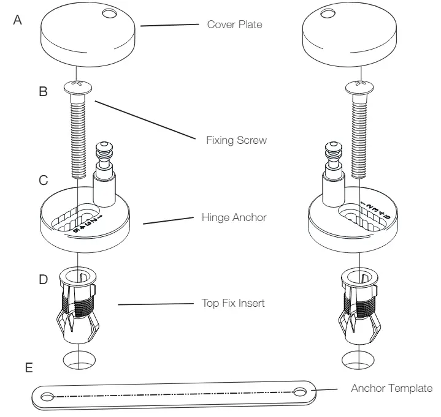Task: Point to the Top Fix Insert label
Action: (233, 302)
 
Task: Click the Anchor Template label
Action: (391, 388)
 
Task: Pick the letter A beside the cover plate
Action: (18, 20)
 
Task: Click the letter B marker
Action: (44, 92)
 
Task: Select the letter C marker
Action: (44, 181)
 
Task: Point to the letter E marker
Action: (29, 370)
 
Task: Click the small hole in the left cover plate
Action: (110, 12)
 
